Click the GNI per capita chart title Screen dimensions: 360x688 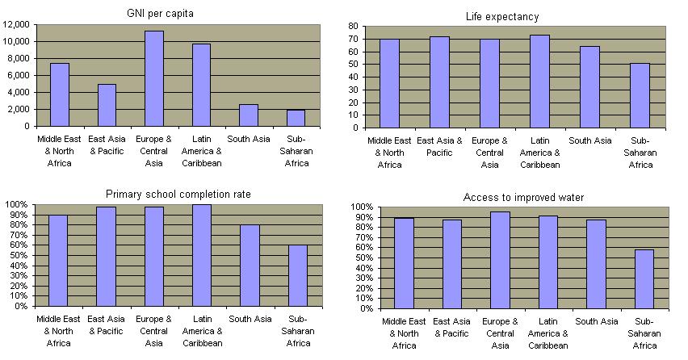coord(171,14)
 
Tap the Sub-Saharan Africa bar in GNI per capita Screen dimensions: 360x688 coord(296,118)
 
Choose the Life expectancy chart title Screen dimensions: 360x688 coord(513,16)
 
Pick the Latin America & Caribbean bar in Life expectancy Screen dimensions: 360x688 coord(539,81)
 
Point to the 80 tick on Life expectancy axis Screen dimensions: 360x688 coord(352,26)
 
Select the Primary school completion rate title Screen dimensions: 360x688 coord(178,194)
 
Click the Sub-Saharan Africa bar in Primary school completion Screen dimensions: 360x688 coord(298,275)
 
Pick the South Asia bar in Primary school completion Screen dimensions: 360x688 coord(250,266)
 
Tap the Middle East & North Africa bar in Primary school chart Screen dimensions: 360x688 coord(59,260)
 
